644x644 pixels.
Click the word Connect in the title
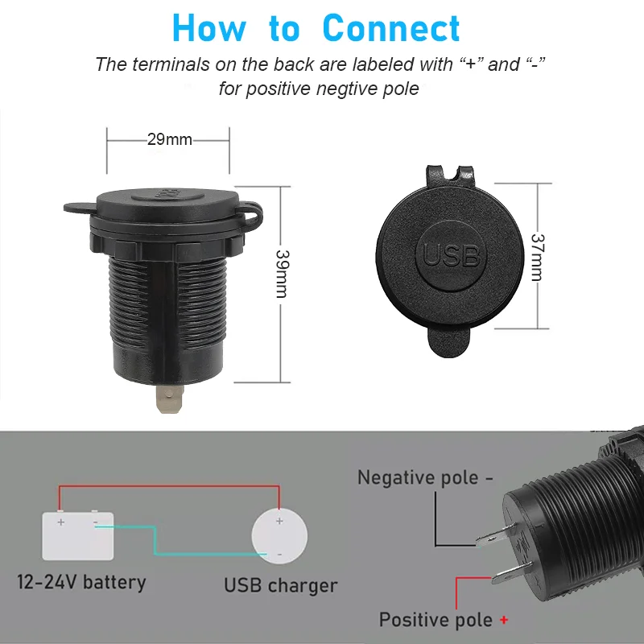[x=391, y=28]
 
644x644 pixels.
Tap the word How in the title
[x=209, y=28]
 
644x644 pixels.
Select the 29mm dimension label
[x=170, y=139]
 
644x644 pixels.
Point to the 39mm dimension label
[x=283, y=274]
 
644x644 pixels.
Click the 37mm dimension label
[x=538, y=258]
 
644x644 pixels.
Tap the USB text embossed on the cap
[x=451, y=255]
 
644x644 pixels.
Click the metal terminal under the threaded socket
[x=169, y=398]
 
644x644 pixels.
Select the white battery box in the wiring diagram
[x=78, y=535]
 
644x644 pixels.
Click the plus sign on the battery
[x=61, y=522]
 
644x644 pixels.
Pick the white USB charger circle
[x=279, y=536]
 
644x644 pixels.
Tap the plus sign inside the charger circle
[x=279, y=521]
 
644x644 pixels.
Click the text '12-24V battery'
[x=81, y=582]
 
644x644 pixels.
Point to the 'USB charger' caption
[x=280, y=585]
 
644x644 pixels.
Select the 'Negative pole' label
[x=418, y=477]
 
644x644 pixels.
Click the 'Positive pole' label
[x=436, y=619]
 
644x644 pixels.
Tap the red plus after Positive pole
[x=504, y=620]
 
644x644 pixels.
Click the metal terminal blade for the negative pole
[x=496, y=535]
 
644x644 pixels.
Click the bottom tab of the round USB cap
[x=448, y=342]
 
